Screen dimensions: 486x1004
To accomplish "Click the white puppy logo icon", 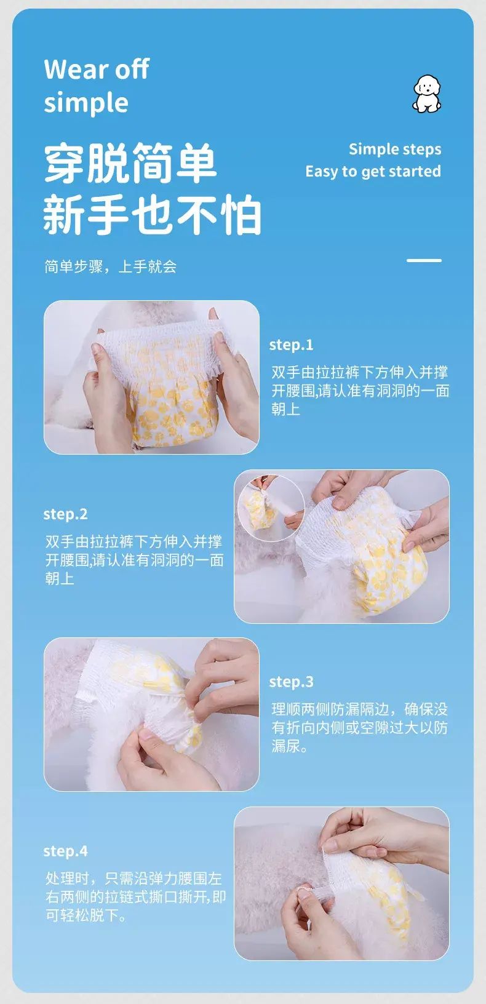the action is coord(427,94).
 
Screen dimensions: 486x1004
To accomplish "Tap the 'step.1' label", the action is coord(291,345).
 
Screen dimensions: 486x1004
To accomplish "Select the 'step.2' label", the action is coord(65,514).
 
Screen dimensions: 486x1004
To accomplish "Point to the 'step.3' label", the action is coord(291,682).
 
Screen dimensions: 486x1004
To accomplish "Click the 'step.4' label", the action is coord(65,851).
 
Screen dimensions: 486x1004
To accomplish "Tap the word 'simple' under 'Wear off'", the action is coord(86,103).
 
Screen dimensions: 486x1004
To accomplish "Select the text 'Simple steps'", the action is coord(395,149).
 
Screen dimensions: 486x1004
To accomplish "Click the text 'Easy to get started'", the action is coord(373,171).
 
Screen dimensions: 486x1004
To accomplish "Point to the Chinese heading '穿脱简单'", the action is coord(130,163).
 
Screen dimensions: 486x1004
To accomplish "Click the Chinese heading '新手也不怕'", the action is coord(152,214).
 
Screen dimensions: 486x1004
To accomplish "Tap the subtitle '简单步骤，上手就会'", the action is coord(110,266).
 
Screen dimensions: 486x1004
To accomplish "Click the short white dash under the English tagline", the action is coord(424,260).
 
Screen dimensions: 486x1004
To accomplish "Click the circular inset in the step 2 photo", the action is coord(270,508).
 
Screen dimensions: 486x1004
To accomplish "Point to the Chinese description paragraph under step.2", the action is coord(135,560).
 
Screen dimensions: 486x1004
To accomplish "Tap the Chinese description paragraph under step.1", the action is coord(360,391).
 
